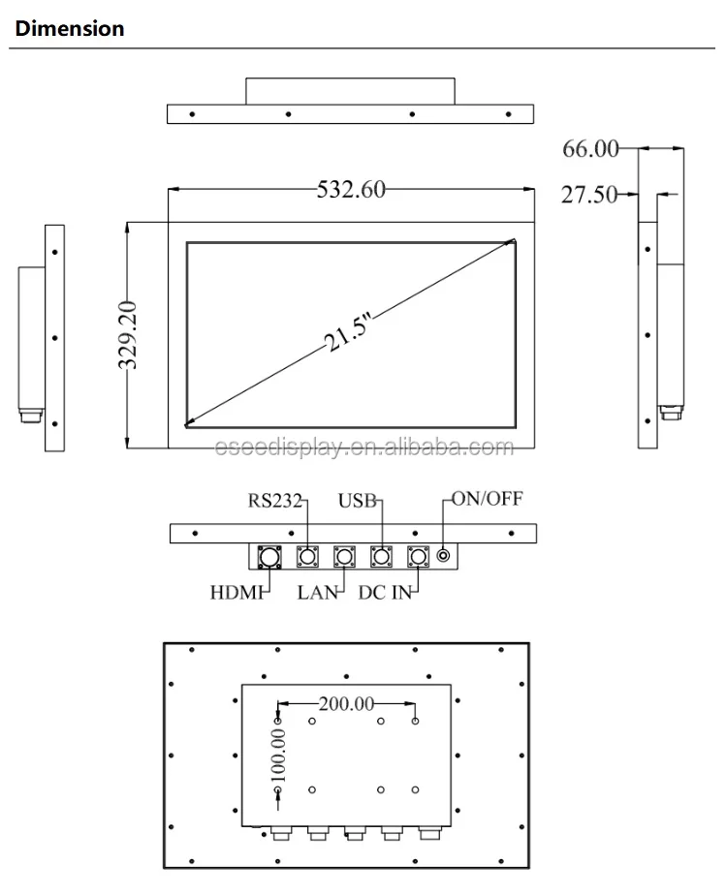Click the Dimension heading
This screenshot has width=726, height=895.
click(70, 28)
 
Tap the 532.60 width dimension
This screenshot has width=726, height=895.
click(351, 190)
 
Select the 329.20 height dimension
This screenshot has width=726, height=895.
click(127, 335)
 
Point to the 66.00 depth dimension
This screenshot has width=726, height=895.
click(590, 148)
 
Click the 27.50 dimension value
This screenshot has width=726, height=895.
click(589, 195)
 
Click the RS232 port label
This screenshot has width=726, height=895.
click(274, 501)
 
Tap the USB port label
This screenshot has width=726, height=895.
click(357, 501)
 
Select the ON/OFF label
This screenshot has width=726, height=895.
click(488, 498)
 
